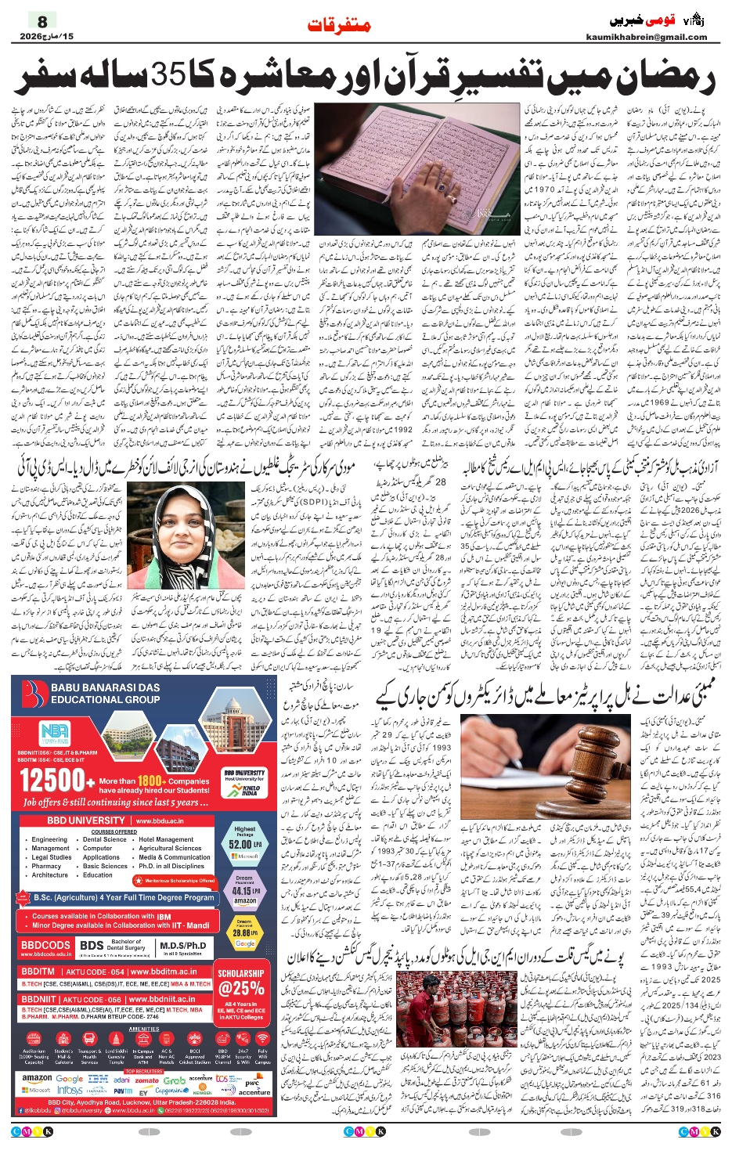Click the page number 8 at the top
point(42,21)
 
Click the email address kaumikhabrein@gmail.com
point(646,37)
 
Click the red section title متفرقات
point(338,26)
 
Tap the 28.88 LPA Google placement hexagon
point(244,934)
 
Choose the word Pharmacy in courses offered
point(46,866)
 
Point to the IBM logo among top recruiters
point(97,1079)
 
